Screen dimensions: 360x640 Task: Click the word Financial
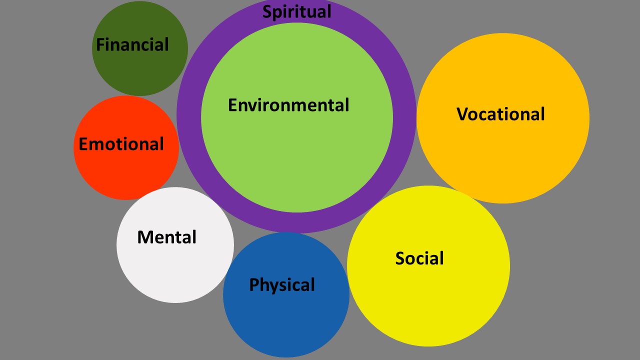point(132,45)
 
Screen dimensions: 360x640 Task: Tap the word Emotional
point(121,144)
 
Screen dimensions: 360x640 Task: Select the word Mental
point(167,237)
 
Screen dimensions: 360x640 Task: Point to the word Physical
point(282,285)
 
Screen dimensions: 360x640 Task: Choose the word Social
point(419,258)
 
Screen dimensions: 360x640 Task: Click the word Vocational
point(500,114)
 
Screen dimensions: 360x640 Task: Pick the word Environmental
point(288,105)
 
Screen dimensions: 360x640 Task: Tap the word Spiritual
point(296,11)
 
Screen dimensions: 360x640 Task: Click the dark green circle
point(140,70)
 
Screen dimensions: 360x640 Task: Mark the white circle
point(175,270)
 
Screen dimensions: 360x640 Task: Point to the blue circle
point(286,320)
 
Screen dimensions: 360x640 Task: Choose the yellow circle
point(428,300)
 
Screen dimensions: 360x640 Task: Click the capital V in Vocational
point(462,114)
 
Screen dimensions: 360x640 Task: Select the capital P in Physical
point(253,285)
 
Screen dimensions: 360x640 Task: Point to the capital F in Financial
point(99,45)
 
